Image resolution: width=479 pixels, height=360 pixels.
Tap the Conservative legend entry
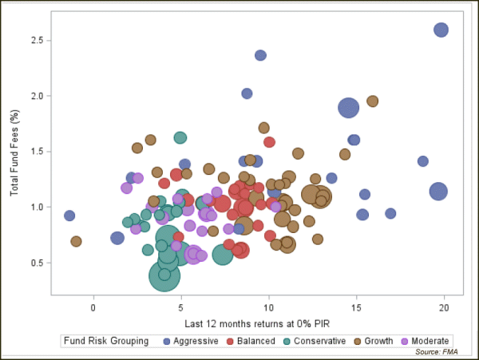tap(316, 341)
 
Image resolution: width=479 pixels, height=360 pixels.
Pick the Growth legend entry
tap(377, 341)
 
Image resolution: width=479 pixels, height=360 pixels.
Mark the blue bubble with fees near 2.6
tap(441, 30)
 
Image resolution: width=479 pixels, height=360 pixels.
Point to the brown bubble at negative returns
tap(76, 241)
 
